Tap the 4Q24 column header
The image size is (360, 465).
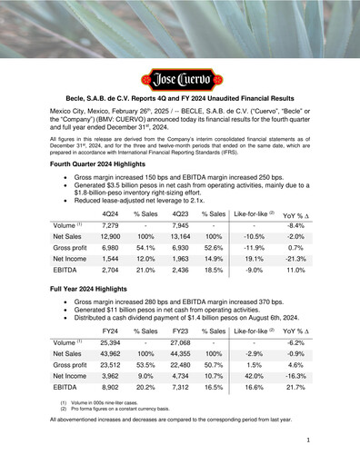(x=113, y=214)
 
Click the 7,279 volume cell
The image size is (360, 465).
(x=112, y=227)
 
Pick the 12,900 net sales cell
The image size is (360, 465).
(x=112, y=241)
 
